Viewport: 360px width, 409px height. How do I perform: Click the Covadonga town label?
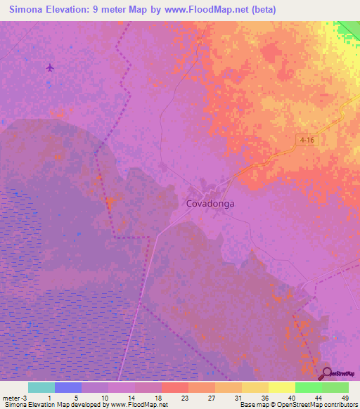(x=210, y=204)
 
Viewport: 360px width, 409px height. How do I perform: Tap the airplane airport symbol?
(x=50, y=67)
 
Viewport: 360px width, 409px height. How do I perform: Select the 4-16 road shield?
(x=306, y=140)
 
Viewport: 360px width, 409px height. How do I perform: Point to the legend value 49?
(x=345, y=398)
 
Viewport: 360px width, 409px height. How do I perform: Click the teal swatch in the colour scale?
(x=41, y=387)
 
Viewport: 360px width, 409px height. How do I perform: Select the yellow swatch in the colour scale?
(x=281, y=387)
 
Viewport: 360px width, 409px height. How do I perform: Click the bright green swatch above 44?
(x=308, y=387)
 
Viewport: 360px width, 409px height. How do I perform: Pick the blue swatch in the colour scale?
(x=68, y=387)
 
